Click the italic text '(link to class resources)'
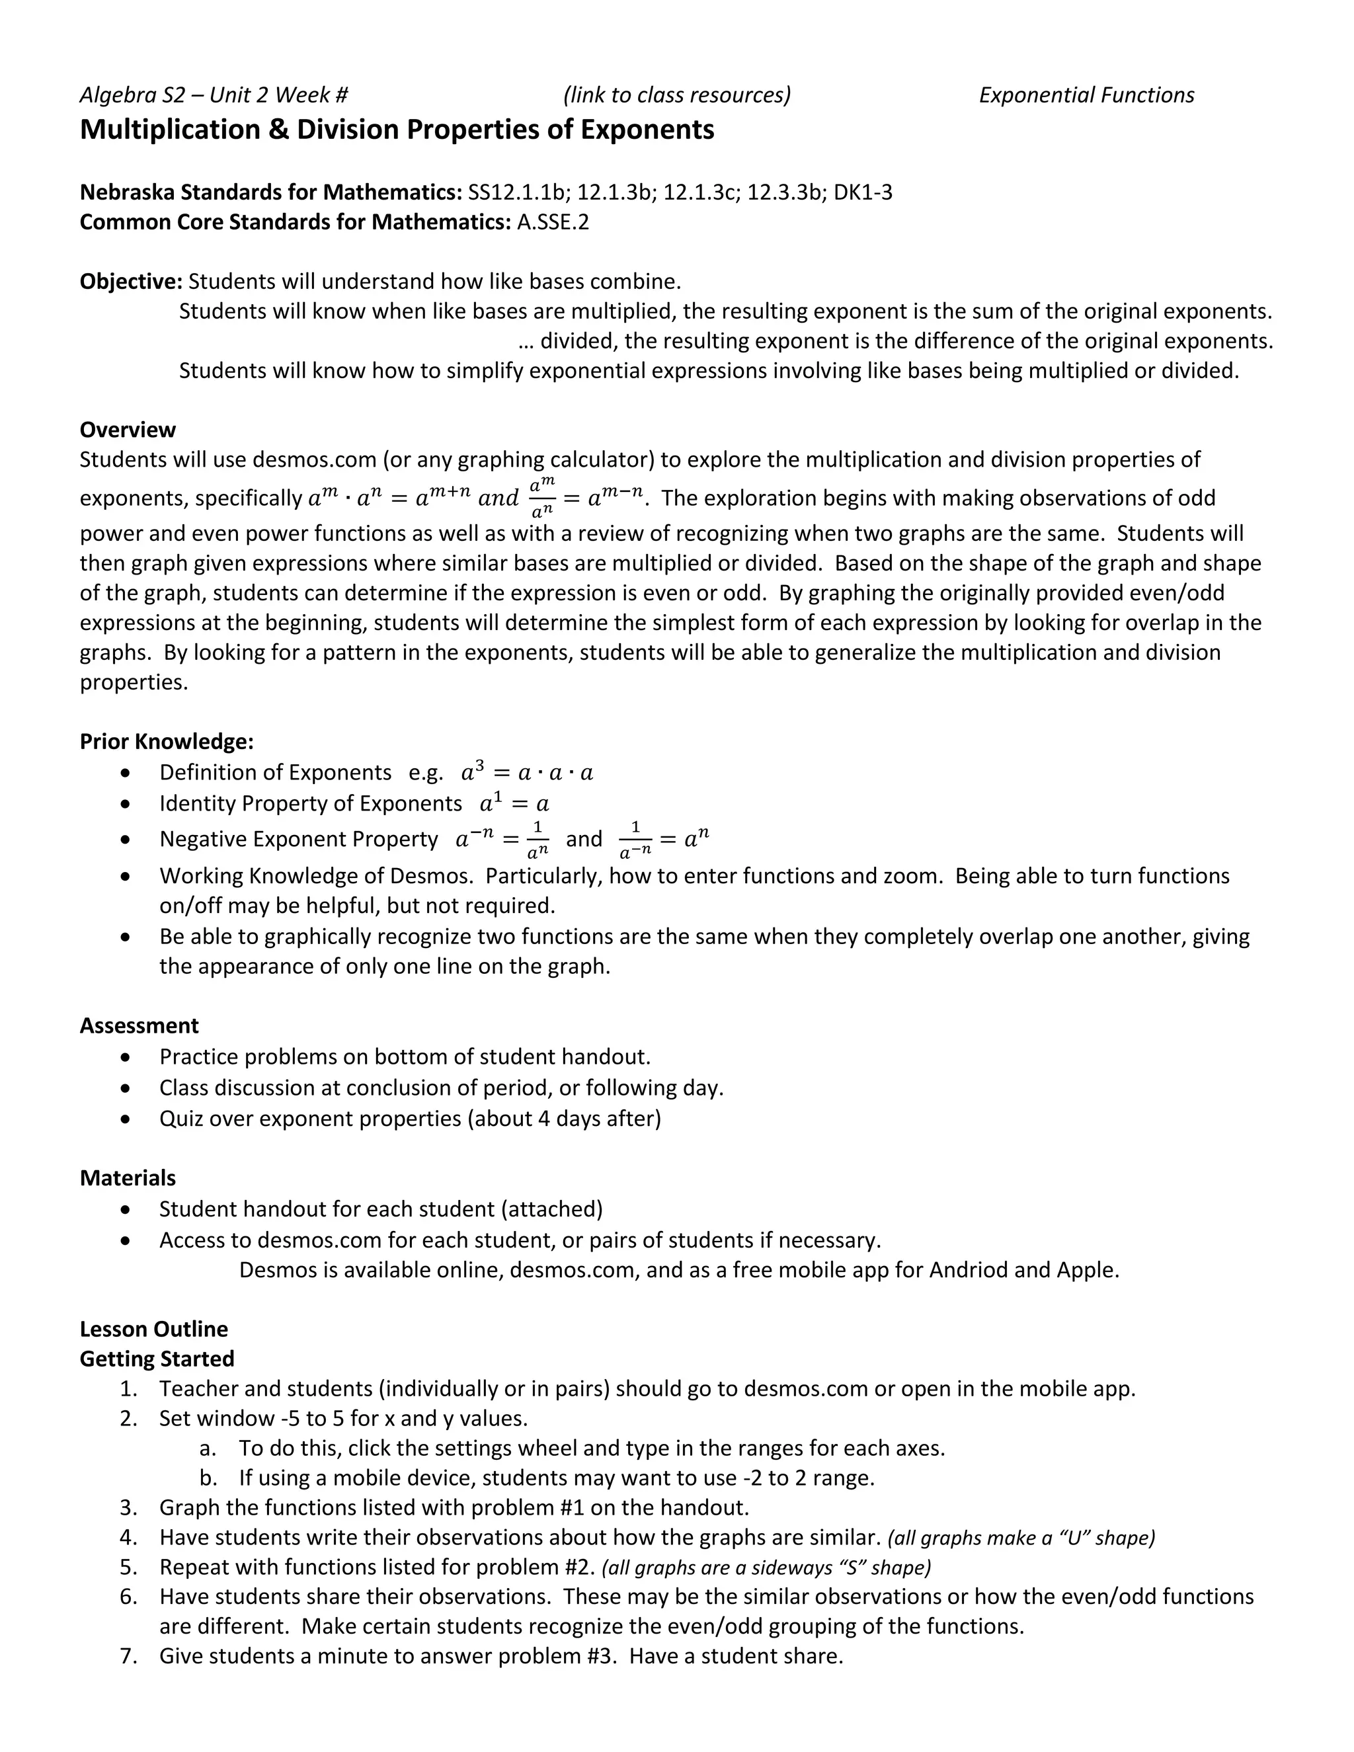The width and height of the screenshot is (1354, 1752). pos(676,95)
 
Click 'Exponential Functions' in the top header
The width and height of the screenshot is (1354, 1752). pos(1086,95)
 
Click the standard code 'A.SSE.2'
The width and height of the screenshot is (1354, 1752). pos(553,221)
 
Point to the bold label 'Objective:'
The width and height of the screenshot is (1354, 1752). pos(131,282)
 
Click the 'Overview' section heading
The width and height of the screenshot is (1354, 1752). pos(128,429)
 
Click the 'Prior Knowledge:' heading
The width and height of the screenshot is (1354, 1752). pos(167,741)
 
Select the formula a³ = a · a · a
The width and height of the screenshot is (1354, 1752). pos(527,772)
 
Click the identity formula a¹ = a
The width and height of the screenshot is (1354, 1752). pos(514,803)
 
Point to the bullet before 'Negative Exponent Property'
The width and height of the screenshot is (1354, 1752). pos(124,839)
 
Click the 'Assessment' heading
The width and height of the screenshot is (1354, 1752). pos(139,1025)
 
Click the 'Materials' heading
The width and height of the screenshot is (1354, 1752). pos(128,1177)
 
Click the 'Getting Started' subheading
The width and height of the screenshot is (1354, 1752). pos(157,1359)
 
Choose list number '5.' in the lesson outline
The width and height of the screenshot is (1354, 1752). pos(129,1567)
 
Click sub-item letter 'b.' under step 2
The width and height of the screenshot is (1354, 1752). pos(208,1478)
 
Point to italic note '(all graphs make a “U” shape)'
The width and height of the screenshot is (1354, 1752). pos(1021,1538)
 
